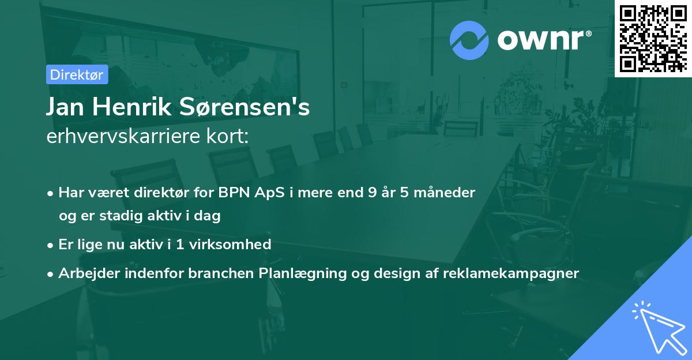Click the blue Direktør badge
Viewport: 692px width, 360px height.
(x=77, y=74)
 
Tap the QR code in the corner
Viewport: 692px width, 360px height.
(x=653, y=38)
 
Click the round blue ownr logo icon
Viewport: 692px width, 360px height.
(x=469, y=40)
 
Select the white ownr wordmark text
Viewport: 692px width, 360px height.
(x=544, y=40)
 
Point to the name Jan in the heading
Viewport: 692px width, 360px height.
(x=65, y=107)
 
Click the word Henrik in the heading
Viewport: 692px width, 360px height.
(x=132, y=107)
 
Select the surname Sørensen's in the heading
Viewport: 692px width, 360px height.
(x=245, y=107)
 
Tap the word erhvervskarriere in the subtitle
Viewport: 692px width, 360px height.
(x=123, y=136)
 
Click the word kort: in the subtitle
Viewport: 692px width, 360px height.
(x=227, y=136)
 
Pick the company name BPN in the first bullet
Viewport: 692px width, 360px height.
(x=234, y=193)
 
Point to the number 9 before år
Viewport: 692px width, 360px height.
(x=373, y=193)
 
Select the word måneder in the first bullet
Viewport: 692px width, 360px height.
(x=444, y=193)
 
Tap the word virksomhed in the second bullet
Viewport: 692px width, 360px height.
(x=230, y=245)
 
